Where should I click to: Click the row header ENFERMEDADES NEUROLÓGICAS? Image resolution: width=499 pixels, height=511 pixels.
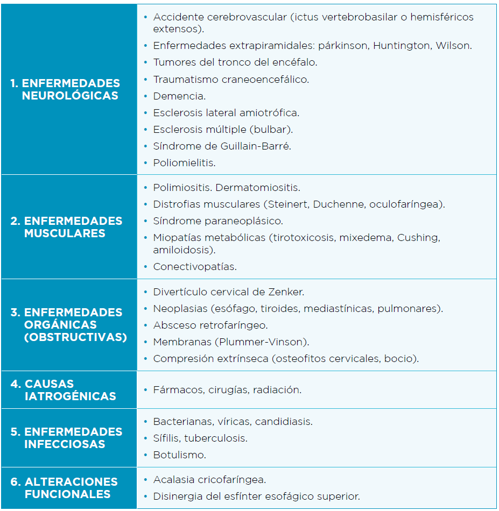click(65, 89)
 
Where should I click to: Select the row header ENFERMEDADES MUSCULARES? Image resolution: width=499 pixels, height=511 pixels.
click(66, 227)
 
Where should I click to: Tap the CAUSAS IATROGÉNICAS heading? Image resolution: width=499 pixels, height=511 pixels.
click(64, 390)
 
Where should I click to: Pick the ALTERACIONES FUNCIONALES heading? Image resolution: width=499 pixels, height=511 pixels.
click(64, 488)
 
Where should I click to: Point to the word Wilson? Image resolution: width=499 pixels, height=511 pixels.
click(455, 46)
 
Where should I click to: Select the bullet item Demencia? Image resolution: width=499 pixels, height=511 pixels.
click(179, 96)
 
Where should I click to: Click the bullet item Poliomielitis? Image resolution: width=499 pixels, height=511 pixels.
click(184, 162)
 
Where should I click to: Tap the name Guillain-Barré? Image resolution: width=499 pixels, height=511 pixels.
click(256, 146)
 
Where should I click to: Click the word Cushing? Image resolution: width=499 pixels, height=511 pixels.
click(418, 238)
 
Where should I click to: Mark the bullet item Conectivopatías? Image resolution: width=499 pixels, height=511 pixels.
click(195, 266)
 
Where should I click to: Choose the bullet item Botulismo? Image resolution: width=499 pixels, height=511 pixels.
click(179, 455)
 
